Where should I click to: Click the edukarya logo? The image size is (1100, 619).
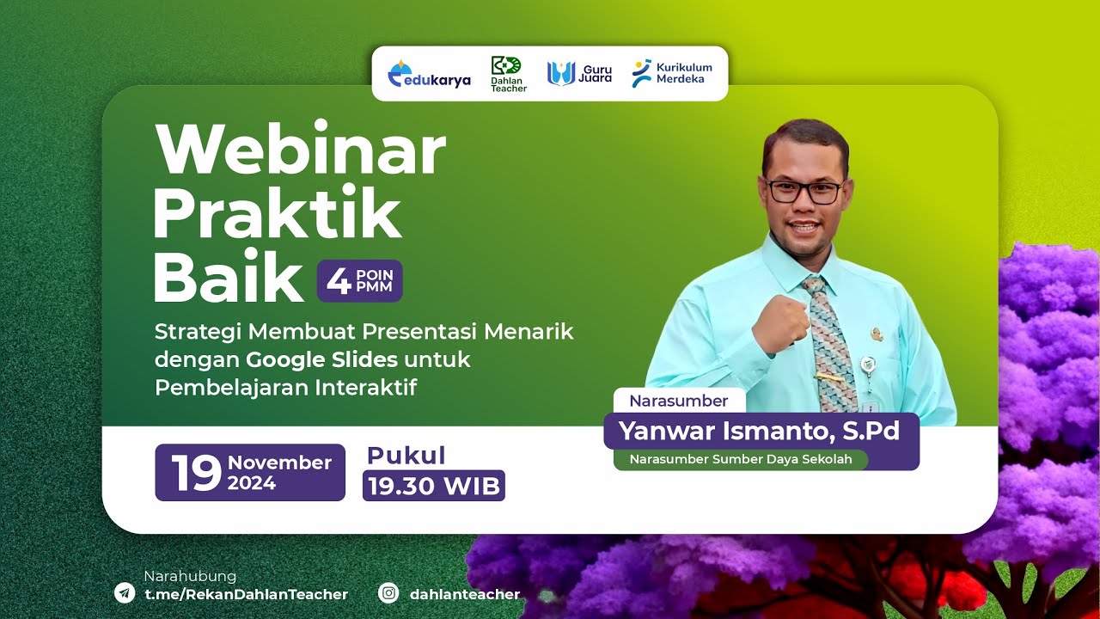[x=430, y=75]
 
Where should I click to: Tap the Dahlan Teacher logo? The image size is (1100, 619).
[x=508, y=74]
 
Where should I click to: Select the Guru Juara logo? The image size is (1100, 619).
[x=579, y=74]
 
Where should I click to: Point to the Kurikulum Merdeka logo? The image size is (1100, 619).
[x=671, y=73]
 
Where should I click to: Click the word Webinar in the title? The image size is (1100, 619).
[x=300, y=150]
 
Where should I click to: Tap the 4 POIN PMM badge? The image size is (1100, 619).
[x=359, y=281]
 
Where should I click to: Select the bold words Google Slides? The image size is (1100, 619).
[x=321, y=359]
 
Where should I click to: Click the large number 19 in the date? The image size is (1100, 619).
[x=196, y=473]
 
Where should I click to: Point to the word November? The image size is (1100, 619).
[x=279, y=463]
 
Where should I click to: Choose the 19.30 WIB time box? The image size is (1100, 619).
[x=433, y=486]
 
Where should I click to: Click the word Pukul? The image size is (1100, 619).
[x=406, y=456]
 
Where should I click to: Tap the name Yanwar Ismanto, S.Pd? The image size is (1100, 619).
[x=759, y=431]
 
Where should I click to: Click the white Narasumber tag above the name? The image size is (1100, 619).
[x=679, y=401]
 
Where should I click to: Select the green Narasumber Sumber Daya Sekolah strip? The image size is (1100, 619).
[x=740, y=459]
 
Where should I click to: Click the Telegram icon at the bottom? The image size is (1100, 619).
[x=125, y=593]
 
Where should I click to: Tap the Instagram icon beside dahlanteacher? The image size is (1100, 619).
[x=389, y=593]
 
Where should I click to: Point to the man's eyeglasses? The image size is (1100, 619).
[x=804, y=192]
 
